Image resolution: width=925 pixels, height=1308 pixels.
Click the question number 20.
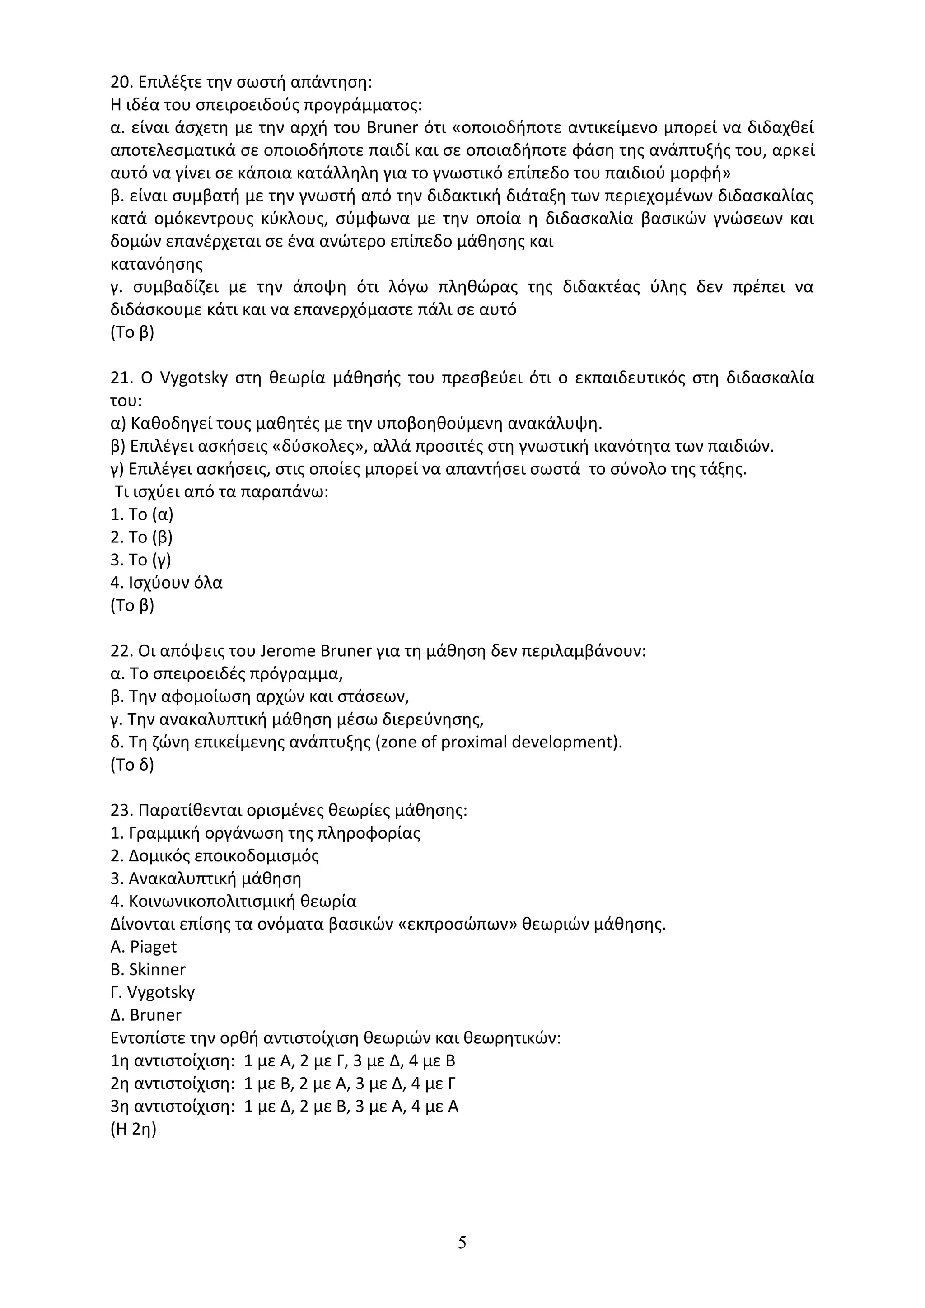[121, 82]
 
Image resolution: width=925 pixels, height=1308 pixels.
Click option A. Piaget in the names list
[144, 947]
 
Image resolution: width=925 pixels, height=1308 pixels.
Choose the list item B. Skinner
[148, 970]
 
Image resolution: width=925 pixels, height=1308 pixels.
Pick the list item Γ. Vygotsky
[153, 992]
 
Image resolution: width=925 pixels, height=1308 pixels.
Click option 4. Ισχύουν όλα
[166, 583]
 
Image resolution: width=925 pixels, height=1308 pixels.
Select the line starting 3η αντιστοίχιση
[284, 1106]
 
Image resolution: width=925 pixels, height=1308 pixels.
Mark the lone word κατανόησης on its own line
[157, 264]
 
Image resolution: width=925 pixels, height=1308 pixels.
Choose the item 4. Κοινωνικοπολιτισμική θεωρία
[234, 901]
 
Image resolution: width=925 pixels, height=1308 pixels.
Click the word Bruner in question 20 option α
[392, 128]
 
